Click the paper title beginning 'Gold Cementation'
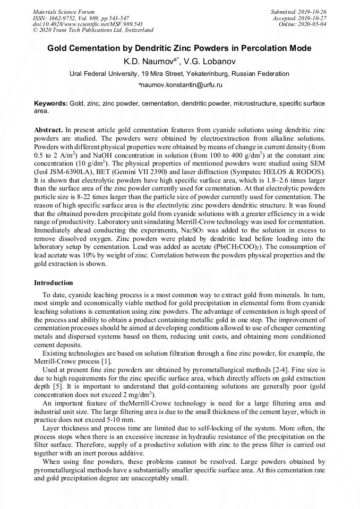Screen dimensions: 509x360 point(179,48)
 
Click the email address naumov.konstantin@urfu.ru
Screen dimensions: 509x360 point(181,85)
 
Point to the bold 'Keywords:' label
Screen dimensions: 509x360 point(51,103)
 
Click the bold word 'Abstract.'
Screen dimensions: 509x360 point(48,130)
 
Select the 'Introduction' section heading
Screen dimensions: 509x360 point(54,283)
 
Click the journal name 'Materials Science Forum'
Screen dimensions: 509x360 point(64,12)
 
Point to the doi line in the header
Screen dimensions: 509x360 point(88,24)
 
